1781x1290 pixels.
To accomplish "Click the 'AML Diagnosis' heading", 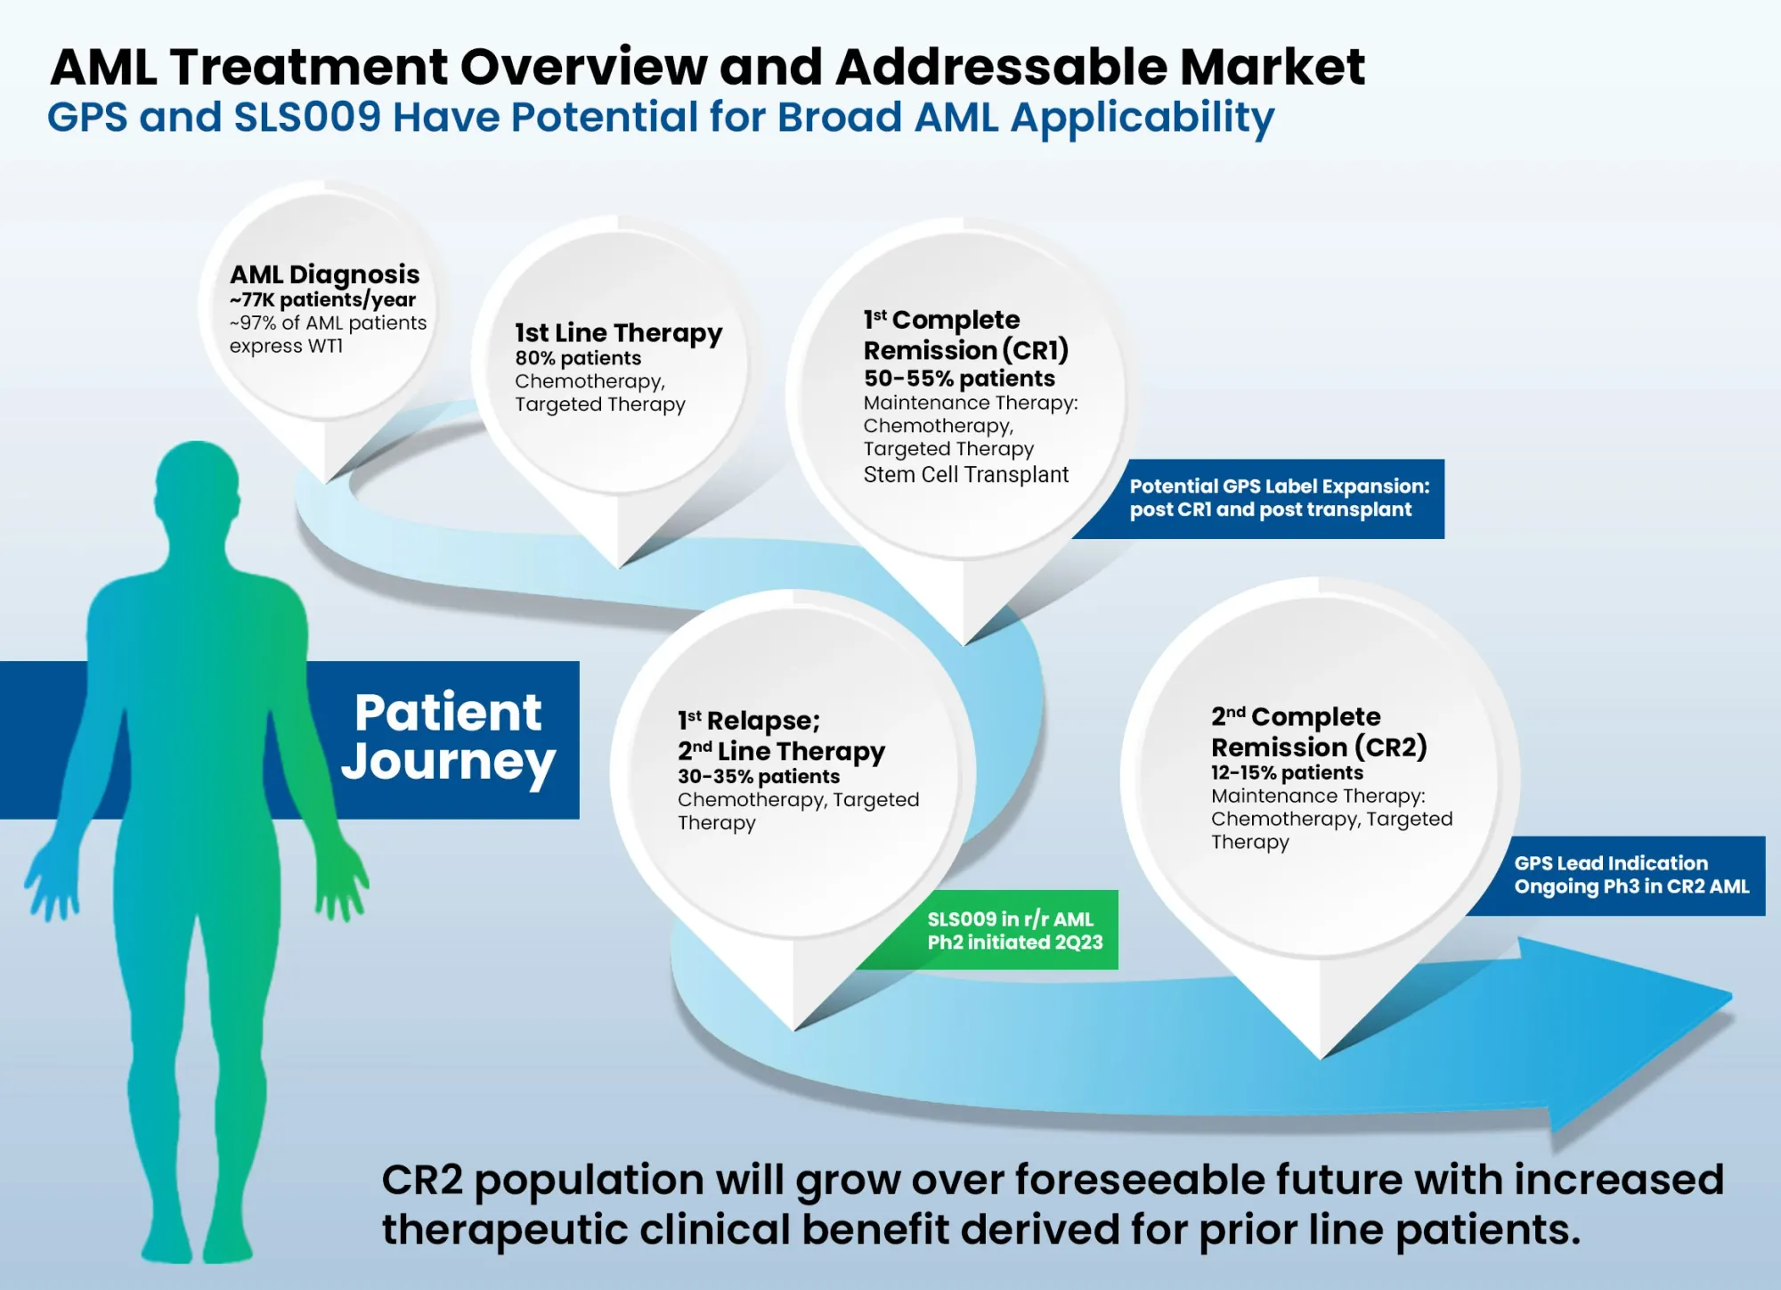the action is click(324, 275).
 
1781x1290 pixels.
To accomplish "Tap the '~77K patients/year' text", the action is click(322, 300).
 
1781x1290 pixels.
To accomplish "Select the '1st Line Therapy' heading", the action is click(619, 333).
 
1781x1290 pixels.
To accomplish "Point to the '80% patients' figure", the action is click(578, 358).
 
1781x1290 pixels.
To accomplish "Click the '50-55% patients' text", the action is click(959, 379).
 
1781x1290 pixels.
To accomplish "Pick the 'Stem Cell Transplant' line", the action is click(965, 475).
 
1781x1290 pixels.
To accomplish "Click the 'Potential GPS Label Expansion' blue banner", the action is click(1258, 499).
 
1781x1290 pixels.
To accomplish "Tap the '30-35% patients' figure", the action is click(759, 777).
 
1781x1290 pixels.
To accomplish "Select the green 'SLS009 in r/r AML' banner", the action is click(987, 930).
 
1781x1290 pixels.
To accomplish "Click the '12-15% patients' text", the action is click(1287, 772).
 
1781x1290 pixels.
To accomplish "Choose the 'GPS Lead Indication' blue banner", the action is click(1615, 876).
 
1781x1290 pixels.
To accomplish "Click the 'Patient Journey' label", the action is click(448, 737).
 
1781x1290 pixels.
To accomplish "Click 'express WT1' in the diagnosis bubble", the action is click(286, 346).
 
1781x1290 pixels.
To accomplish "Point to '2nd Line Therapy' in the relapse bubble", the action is click(781, 752).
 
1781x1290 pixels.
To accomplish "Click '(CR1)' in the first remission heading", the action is click(1036, 350).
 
